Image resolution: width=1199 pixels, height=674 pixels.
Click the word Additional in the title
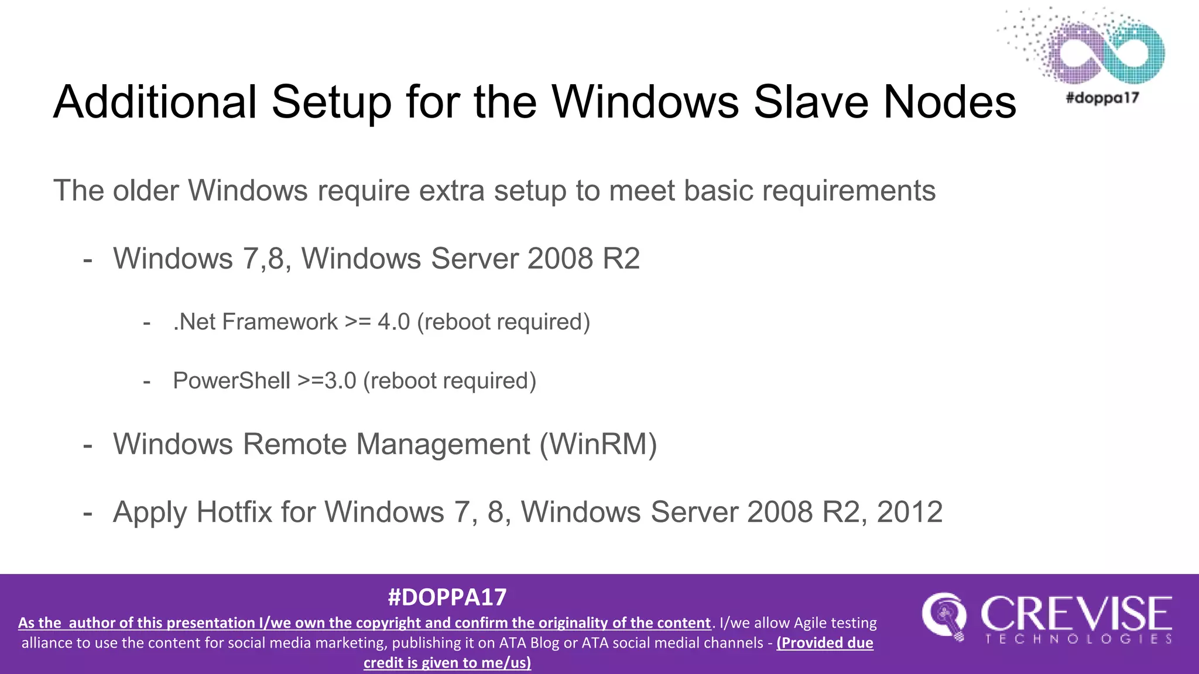point(155,102)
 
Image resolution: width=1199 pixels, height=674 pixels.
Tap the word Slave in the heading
point(811,102)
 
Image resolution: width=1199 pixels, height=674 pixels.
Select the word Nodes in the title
point(950,102)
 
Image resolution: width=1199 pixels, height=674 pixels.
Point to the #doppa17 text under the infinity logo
point(1102,97)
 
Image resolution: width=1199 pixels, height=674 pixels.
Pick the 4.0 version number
point(393,322)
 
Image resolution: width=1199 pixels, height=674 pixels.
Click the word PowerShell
point(231,381)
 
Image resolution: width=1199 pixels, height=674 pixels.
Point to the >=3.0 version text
point(327,381)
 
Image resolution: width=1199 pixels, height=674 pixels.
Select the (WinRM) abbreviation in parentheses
point(598,444)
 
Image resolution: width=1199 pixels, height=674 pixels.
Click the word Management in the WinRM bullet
point(443,444)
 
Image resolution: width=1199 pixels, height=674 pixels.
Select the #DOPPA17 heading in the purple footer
point(447,597)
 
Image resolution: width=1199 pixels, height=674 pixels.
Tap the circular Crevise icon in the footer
point(944,617)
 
